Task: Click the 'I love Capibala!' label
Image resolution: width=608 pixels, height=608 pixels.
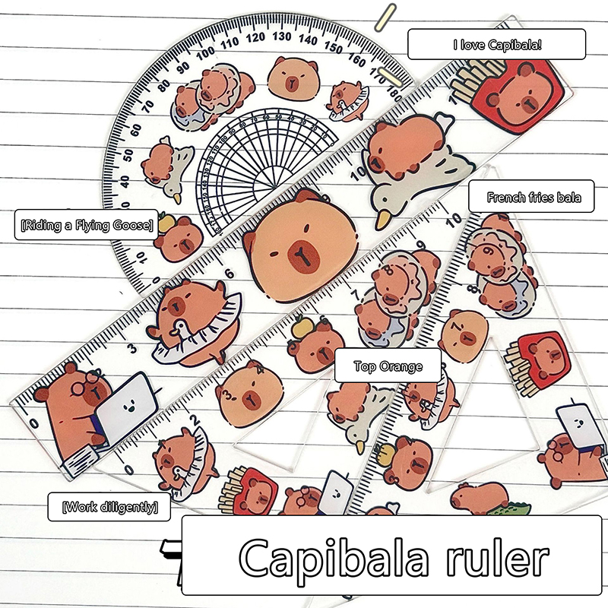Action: point(496,44)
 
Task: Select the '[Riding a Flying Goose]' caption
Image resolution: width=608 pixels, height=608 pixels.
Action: point(87,225)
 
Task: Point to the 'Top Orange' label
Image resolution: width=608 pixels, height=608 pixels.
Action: point(388,366)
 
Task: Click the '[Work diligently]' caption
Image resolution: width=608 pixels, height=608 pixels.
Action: point(109,507)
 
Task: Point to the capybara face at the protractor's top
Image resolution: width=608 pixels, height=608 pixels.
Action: point(290,76)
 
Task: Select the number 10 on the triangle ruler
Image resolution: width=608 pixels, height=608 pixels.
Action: point(454,220)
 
